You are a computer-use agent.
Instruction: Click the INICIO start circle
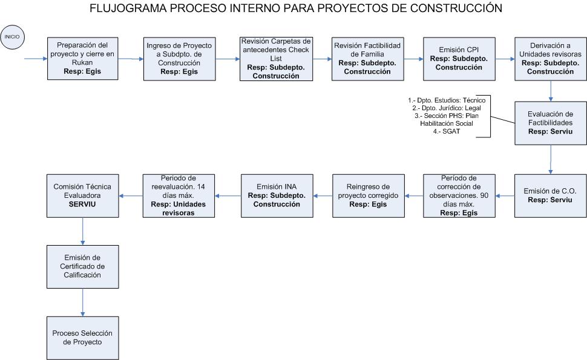[12, 37]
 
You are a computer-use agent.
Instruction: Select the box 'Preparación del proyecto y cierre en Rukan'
[83, 58]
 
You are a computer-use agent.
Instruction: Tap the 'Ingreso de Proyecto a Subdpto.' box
[179, 59]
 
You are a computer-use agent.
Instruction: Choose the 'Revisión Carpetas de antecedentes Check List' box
[276, 59]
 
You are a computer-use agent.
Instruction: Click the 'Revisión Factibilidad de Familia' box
[367, 59]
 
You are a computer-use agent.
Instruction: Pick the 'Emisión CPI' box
[459, 59]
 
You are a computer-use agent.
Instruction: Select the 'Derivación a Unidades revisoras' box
[550, 59]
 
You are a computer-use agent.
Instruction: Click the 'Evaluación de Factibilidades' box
[550, 123]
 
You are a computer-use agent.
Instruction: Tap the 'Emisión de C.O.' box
[550, 195]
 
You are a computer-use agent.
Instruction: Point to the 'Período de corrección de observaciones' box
[459, 195]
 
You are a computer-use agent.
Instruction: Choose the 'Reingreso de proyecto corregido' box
[369, 195]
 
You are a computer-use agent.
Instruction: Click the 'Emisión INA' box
[277, 195]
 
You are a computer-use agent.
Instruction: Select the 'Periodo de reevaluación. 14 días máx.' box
[179, 195]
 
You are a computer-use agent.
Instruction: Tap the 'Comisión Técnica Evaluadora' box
[83, 195]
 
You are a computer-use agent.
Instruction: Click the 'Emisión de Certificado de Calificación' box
[83, 267]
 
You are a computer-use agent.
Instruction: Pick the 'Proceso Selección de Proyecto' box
[83, 338]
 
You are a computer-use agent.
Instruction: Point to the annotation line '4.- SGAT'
[447, 131]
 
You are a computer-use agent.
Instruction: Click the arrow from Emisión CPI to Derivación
[505, 59]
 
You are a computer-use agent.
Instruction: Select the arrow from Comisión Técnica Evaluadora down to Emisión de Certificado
[83, 231]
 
